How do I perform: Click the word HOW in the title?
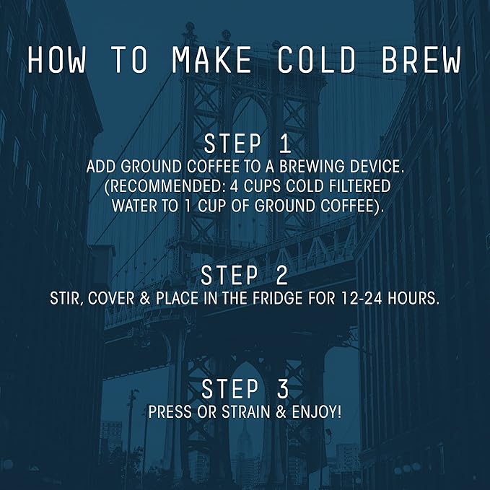[56, 60]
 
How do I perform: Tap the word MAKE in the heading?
[211, 60]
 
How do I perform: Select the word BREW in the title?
[421, 60]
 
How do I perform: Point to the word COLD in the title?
[317, 60]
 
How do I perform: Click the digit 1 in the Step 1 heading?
[284, 144]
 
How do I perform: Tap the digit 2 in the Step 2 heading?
[282, 275]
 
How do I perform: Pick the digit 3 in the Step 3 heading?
[283, 389]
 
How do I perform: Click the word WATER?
[134, 206]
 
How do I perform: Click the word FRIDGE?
[278, 299]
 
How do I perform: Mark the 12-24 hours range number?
[362, 299]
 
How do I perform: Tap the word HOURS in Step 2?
[414, 299]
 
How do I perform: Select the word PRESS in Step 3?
[170, 412]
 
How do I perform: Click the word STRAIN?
[245, 412]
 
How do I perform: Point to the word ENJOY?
[317, 412]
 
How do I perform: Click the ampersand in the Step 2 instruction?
[145, 299]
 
